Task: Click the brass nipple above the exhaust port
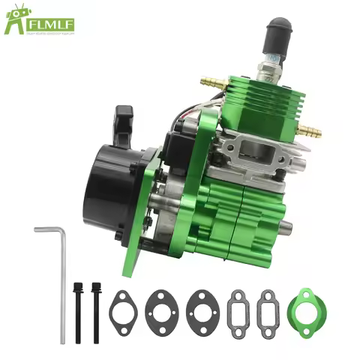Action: click(x=308, y=131)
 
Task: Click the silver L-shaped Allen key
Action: click(x=59, y=277)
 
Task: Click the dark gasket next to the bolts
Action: click(x=124, y=307)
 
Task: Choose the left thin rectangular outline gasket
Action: click(x=238, y=307)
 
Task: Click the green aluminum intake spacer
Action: click(x=305, y=307)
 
